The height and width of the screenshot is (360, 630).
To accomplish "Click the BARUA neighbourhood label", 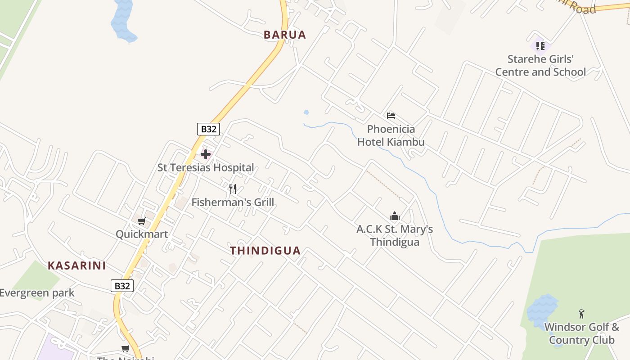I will coord(284,35).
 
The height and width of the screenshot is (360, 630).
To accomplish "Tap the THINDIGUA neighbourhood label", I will coord(265,251).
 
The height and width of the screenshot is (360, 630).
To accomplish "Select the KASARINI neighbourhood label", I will coord(77,265).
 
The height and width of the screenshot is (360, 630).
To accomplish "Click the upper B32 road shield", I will coord(208,129).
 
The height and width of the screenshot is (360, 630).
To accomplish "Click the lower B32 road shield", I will coord(122,286).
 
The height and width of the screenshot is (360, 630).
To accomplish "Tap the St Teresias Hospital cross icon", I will coord(206,154).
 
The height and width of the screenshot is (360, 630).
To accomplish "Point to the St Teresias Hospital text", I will coord(206,167).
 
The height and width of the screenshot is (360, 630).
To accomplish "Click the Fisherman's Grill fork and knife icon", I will coord(233,189).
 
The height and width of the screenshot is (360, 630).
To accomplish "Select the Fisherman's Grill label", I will coord(233,202).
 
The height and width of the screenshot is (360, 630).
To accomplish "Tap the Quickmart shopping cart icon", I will coord(142,221).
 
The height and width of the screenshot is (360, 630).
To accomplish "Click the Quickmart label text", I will coord(142,234).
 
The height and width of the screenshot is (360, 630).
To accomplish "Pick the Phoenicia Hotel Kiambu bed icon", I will coord(391,116).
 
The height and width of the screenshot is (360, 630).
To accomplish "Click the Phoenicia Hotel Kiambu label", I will coord(391,135).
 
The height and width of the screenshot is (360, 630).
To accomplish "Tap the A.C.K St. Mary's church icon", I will coord(395,216).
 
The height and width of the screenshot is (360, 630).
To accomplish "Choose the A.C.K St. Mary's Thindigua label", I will coord(395,235).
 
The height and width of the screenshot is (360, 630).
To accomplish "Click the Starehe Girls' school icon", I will coord(540,45).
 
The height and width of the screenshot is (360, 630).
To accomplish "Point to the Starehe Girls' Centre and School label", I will coord(540,66).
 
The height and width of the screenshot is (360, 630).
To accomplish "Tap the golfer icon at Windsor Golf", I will coord(581,314).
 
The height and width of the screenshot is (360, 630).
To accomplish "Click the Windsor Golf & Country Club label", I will coord(581,333).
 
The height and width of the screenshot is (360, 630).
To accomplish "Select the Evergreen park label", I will coord(37,293).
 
